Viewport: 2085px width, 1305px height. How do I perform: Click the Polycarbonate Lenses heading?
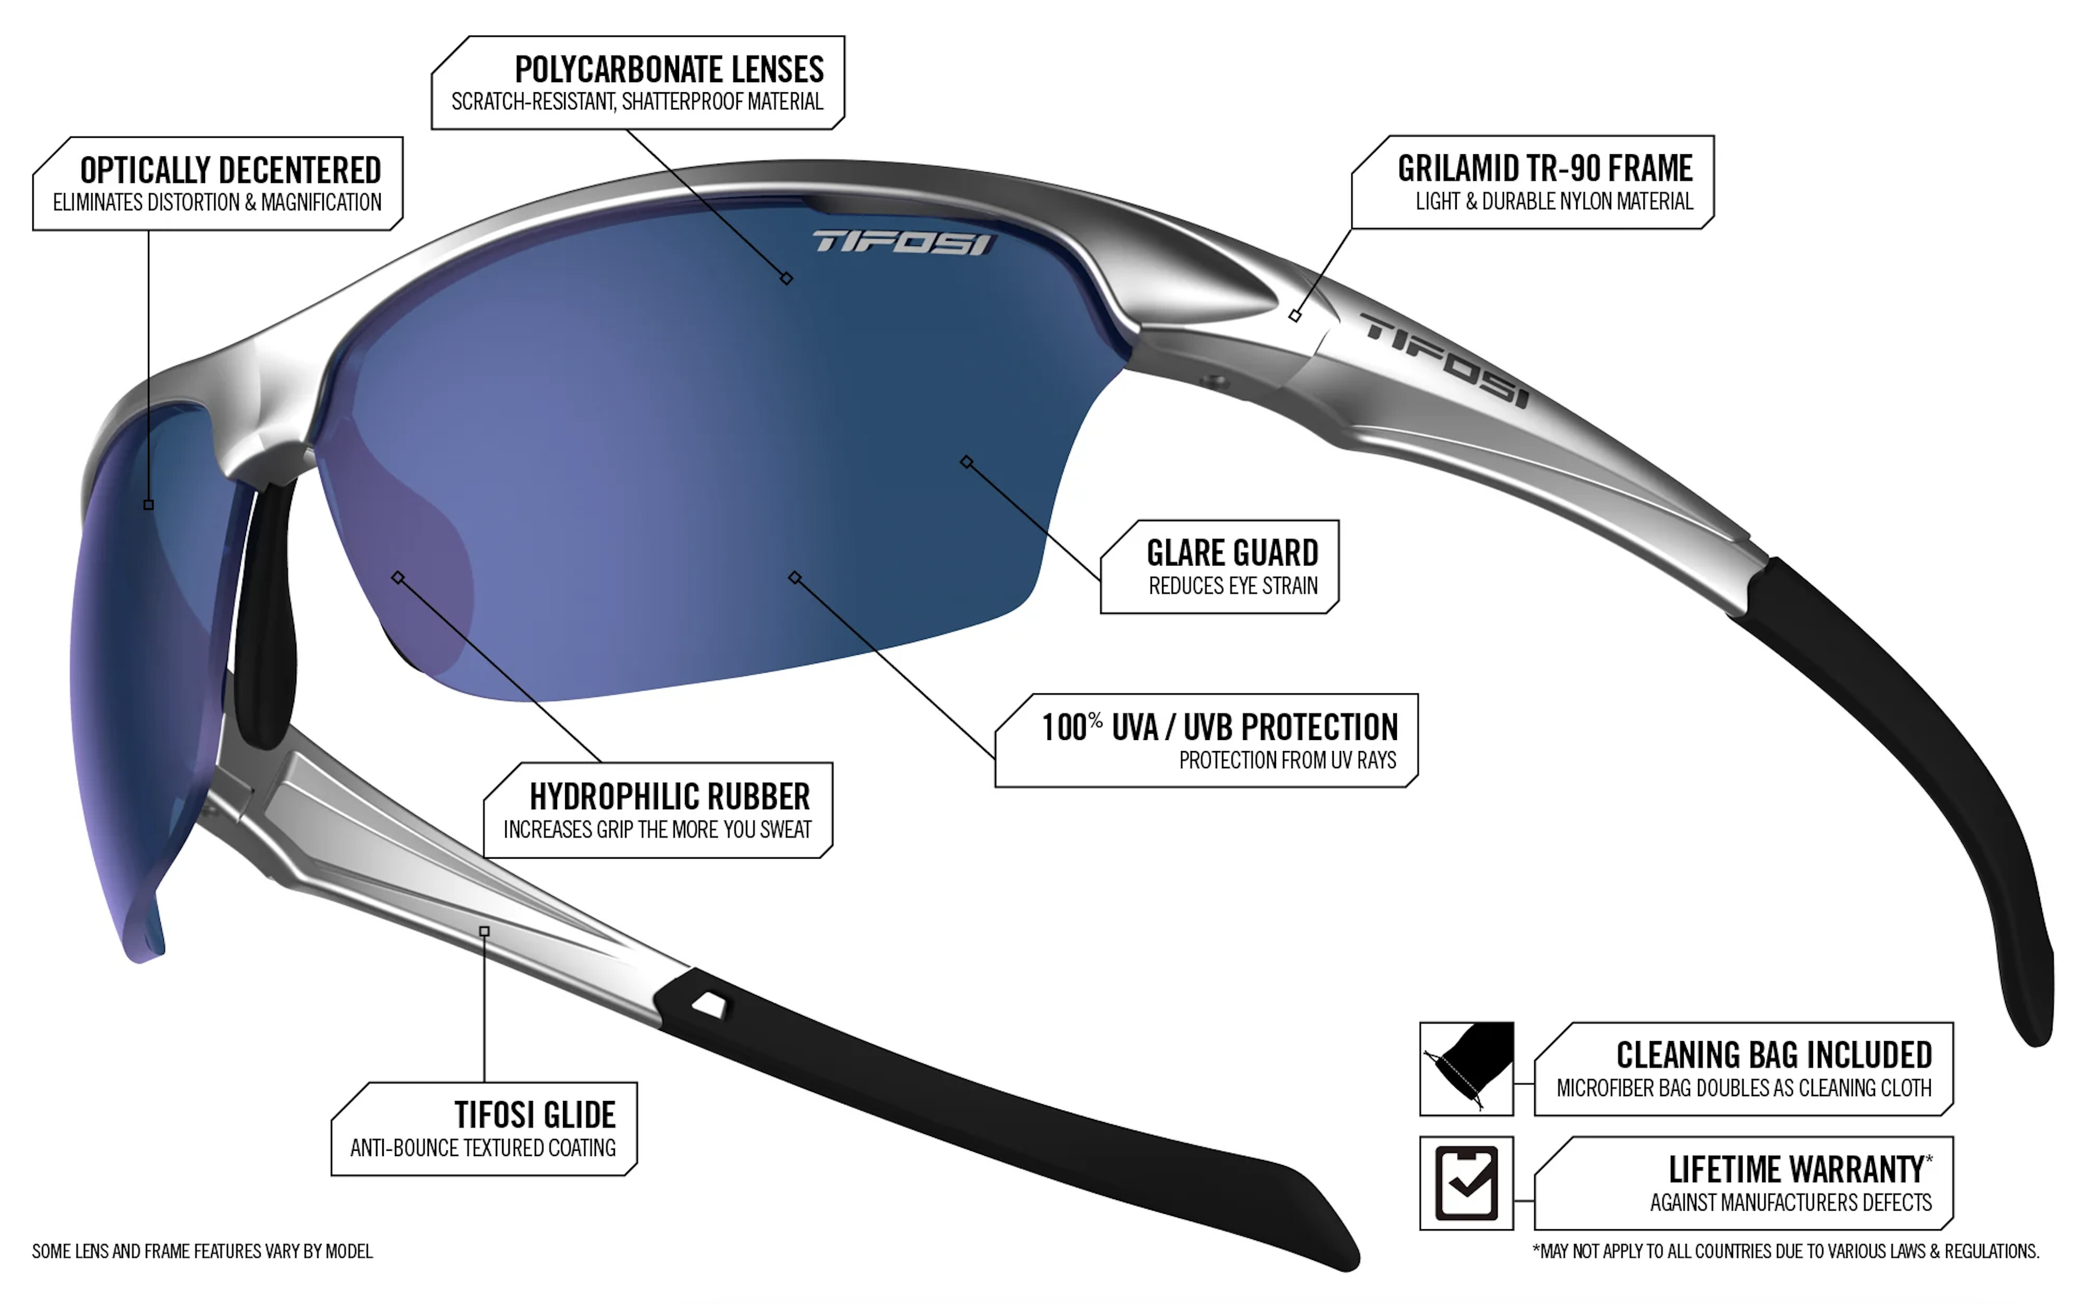[x=669, y=69]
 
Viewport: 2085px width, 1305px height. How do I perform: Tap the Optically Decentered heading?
[x=231, y=170]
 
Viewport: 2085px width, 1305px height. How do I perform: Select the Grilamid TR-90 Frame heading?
[x=1545, y=169]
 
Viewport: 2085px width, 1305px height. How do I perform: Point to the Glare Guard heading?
[x=1233, y=552]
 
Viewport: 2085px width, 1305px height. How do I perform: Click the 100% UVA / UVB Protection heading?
[x=1219, y=728]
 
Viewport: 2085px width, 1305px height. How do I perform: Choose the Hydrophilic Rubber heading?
[x=670, y=796]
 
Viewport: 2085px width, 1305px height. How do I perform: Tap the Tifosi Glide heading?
[x=535, y=1115]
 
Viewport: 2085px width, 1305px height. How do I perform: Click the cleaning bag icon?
[x=1466, y=1069]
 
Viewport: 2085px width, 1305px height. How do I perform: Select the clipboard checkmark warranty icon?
[x=1466, y=1183]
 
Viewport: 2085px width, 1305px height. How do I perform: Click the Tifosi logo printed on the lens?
[x=903, y=243]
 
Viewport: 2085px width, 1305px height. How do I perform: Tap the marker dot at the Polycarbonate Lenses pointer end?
[x=786, y=278]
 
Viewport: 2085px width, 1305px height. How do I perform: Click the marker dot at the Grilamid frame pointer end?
[x=1295, y=316]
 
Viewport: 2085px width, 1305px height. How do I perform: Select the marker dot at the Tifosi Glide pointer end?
[x=484, y=931]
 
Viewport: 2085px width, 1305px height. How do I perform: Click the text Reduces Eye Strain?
[x=1233, y=586]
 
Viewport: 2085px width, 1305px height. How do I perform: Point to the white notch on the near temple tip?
[x=710, y=1004]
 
